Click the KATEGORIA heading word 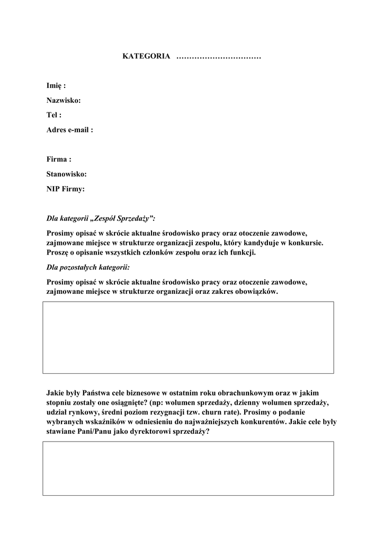[x=146, y=56]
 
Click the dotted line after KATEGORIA [x=218, y=57]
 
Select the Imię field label [x=56, y=86]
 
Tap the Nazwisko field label [x=64, y=100]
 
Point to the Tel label [x=54, y=115]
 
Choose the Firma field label [x=59, y=159]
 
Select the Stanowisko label [x=67, y=173]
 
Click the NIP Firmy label [x=66, y=188]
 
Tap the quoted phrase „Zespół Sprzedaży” [x=123, y=218]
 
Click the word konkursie [x=304, y=242]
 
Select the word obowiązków [x=258, y=292]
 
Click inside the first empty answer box [x=188, y=337]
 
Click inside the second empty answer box [x=188, y=468]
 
